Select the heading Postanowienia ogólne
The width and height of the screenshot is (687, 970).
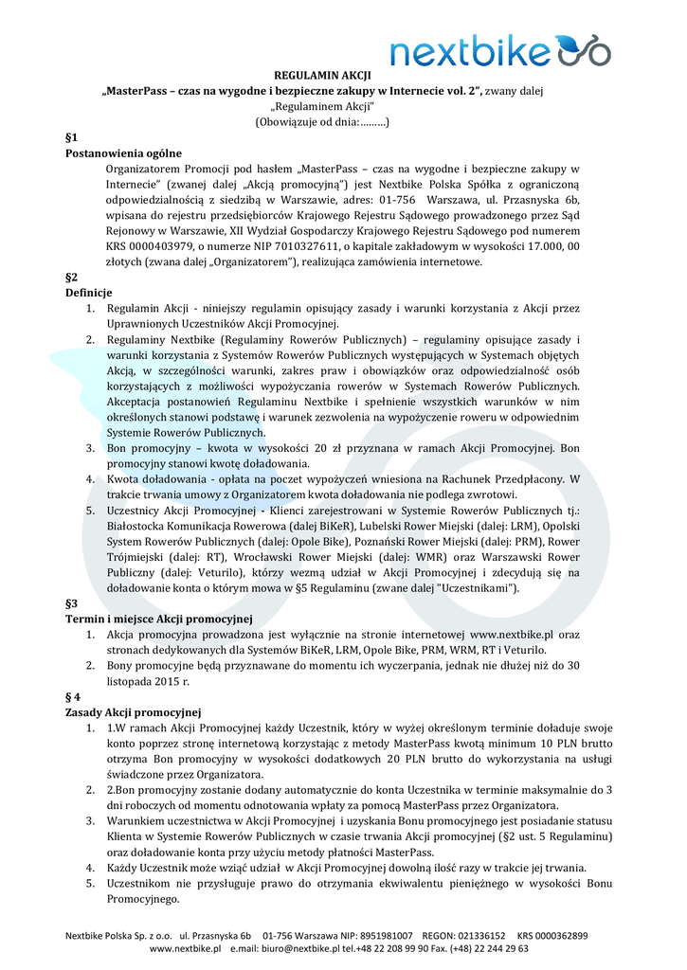pos(123,153)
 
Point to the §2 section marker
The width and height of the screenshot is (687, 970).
pos(71,277)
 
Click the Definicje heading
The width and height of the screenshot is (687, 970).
pos(89,293)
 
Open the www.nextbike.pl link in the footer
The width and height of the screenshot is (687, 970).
pos(186,948)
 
